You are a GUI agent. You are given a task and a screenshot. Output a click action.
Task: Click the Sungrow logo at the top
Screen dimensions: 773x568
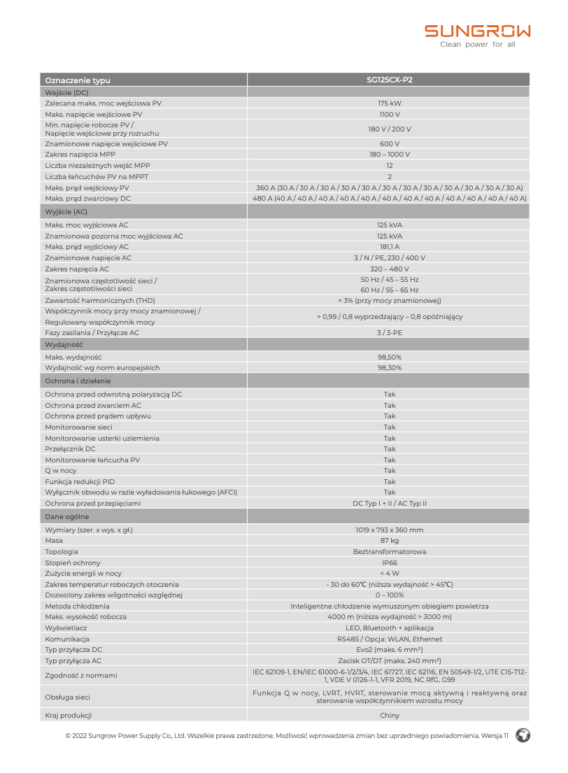click(x=478, y=31)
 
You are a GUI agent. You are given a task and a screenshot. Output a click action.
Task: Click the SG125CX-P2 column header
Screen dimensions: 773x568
click(x=389, y=80)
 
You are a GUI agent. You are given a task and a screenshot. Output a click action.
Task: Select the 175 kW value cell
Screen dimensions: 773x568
click(x=389, y=104)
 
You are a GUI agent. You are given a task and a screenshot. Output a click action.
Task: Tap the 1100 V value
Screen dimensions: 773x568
click(x=389, y=114)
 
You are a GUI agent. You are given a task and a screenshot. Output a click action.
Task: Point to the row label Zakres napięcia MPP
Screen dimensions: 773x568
click(x=80, y=155)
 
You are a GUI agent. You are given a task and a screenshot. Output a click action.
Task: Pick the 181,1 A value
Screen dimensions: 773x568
click(x=389, y=247)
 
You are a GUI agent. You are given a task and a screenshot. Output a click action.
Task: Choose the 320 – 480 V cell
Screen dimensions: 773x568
click(x=389, y=269)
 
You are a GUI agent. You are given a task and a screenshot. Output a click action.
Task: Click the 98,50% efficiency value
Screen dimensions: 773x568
click(x=389, y=357)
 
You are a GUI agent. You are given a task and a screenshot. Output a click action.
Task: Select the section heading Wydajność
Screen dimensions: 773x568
click(x=64, y=345)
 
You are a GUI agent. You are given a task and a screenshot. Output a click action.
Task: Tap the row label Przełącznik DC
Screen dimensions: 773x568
click(x=70, y=449)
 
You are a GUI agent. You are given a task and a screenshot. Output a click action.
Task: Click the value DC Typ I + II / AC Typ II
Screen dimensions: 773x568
click(x=389, y=504)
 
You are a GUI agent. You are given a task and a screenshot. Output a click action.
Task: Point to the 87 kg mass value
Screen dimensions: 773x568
click(x=389, y=541)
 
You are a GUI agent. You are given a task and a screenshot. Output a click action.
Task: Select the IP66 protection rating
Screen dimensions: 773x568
click(x=389, y=563)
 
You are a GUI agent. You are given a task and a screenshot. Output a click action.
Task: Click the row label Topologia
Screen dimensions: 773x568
click(x=62, y=552)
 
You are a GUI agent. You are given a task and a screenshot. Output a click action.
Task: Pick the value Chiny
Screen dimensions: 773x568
click(x=389, y=716)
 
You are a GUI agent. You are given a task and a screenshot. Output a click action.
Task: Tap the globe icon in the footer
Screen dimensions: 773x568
click(x=522, y=735)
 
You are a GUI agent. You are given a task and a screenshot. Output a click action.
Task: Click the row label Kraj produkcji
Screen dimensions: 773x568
click(x=69, y=716)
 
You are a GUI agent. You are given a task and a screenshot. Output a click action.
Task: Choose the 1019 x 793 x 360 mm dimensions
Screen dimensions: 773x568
click(x=389, y=530)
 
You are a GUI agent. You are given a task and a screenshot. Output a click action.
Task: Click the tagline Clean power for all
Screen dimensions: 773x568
click(x=477, y=45)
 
